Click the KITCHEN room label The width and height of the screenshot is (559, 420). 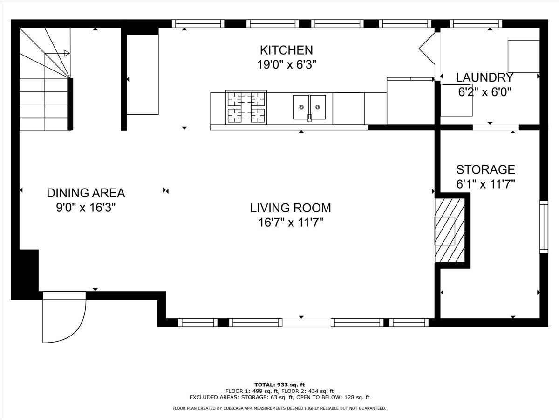coord(286,50)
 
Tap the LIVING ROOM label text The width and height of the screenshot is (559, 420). coord(291,208)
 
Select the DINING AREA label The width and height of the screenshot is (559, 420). coord(86,193)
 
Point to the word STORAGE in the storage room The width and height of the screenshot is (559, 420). coord(486,169)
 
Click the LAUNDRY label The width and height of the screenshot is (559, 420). coord(484,77)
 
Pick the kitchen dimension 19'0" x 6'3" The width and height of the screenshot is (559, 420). coord(286,65)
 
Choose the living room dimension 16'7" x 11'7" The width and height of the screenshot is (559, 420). coord(291,223)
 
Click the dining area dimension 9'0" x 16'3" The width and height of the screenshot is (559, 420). coord(86,208)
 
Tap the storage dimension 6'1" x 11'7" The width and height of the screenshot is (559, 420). coord(486,184)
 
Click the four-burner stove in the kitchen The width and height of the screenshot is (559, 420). coord(246,107)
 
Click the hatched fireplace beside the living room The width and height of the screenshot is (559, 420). coord(450,231)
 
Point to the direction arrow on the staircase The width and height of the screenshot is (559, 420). coord(57,53)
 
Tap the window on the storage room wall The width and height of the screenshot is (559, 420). coord(544,227)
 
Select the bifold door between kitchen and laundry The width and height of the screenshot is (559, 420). coord(427,49)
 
